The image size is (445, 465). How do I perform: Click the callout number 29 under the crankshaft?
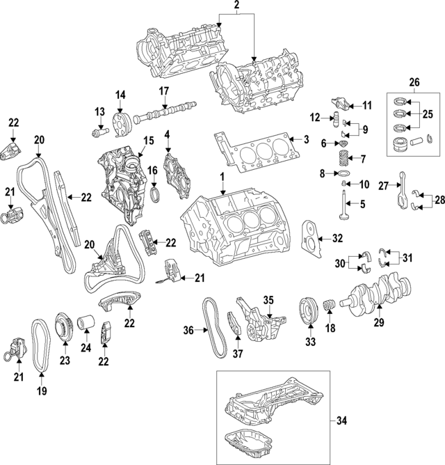(x=379, y=323)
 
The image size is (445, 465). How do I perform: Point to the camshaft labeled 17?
(x=163, y=111)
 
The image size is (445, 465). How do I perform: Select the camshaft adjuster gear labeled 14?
(x=120, y=124)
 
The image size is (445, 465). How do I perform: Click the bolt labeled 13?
(x=101, y=130)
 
